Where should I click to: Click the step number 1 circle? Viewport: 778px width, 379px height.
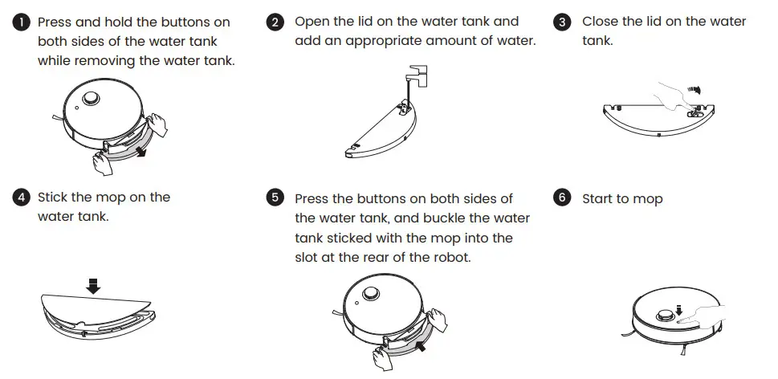[21, 22]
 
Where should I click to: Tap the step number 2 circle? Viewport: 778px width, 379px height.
[275, 22]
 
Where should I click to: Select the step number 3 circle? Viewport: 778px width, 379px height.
[562, 22]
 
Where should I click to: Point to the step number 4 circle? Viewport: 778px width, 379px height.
[21, 197]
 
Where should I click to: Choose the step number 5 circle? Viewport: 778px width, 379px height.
[275, 197]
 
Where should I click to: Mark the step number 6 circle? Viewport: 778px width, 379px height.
[562, 197]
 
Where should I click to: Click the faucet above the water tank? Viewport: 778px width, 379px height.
[416, 76]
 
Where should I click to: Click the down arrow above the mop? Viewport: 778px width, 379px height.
[93, 286]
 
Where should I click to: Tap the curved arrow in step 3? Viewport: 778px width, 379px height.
[695, 90]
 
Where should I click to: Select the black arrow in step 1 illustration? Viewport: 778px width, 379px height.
[141, 151]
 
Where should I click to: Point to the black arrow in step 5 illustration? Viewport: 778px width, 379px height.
[421, 345]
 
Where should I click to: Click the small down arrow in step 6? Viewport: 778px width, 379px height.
[678, 311]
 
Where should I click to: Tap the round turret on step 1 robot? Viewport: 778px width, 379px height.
[91, 98]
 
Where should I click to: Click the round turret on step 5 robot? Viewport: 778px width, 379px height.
[371, 293]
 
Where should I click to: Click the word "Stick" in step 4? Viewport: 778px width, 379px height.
[53, 197]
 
